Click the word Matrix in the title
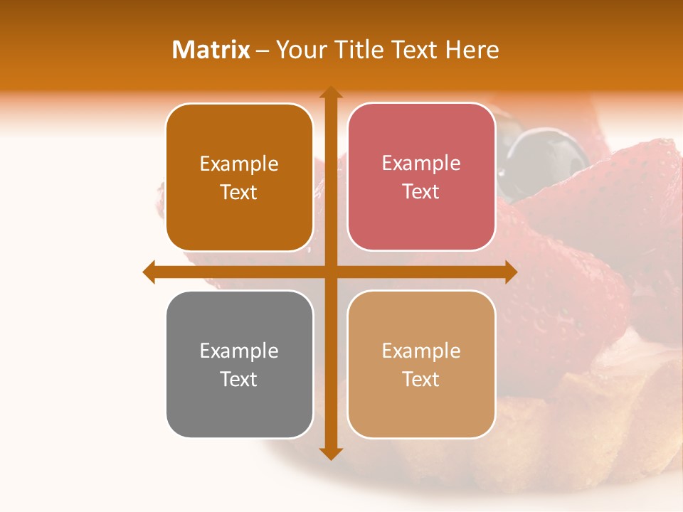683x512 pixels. [211, 50]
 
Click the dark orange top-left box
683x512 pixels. [239, 177]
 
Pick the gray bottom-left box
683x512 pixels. [239, 365]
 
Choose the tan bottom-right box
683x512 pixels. [421, 364]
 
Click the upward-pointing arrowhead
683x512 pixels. [330, 92]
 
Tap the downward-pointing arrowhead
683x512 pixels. [330, 453]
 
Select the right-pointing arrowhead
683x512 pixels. [510, 272]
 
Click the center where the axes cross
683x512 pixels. [330, 272]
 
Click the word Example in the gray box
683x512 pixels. [239, 351]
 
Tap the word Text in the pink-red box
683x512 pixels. [421, 191]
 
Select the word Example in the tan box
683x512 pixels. [421, 351]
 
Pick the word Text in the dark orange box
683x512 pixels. [239, 192]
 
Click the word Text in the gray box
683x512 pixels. [239, 379]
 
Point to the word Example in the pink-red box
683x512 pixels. [421, 164]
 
